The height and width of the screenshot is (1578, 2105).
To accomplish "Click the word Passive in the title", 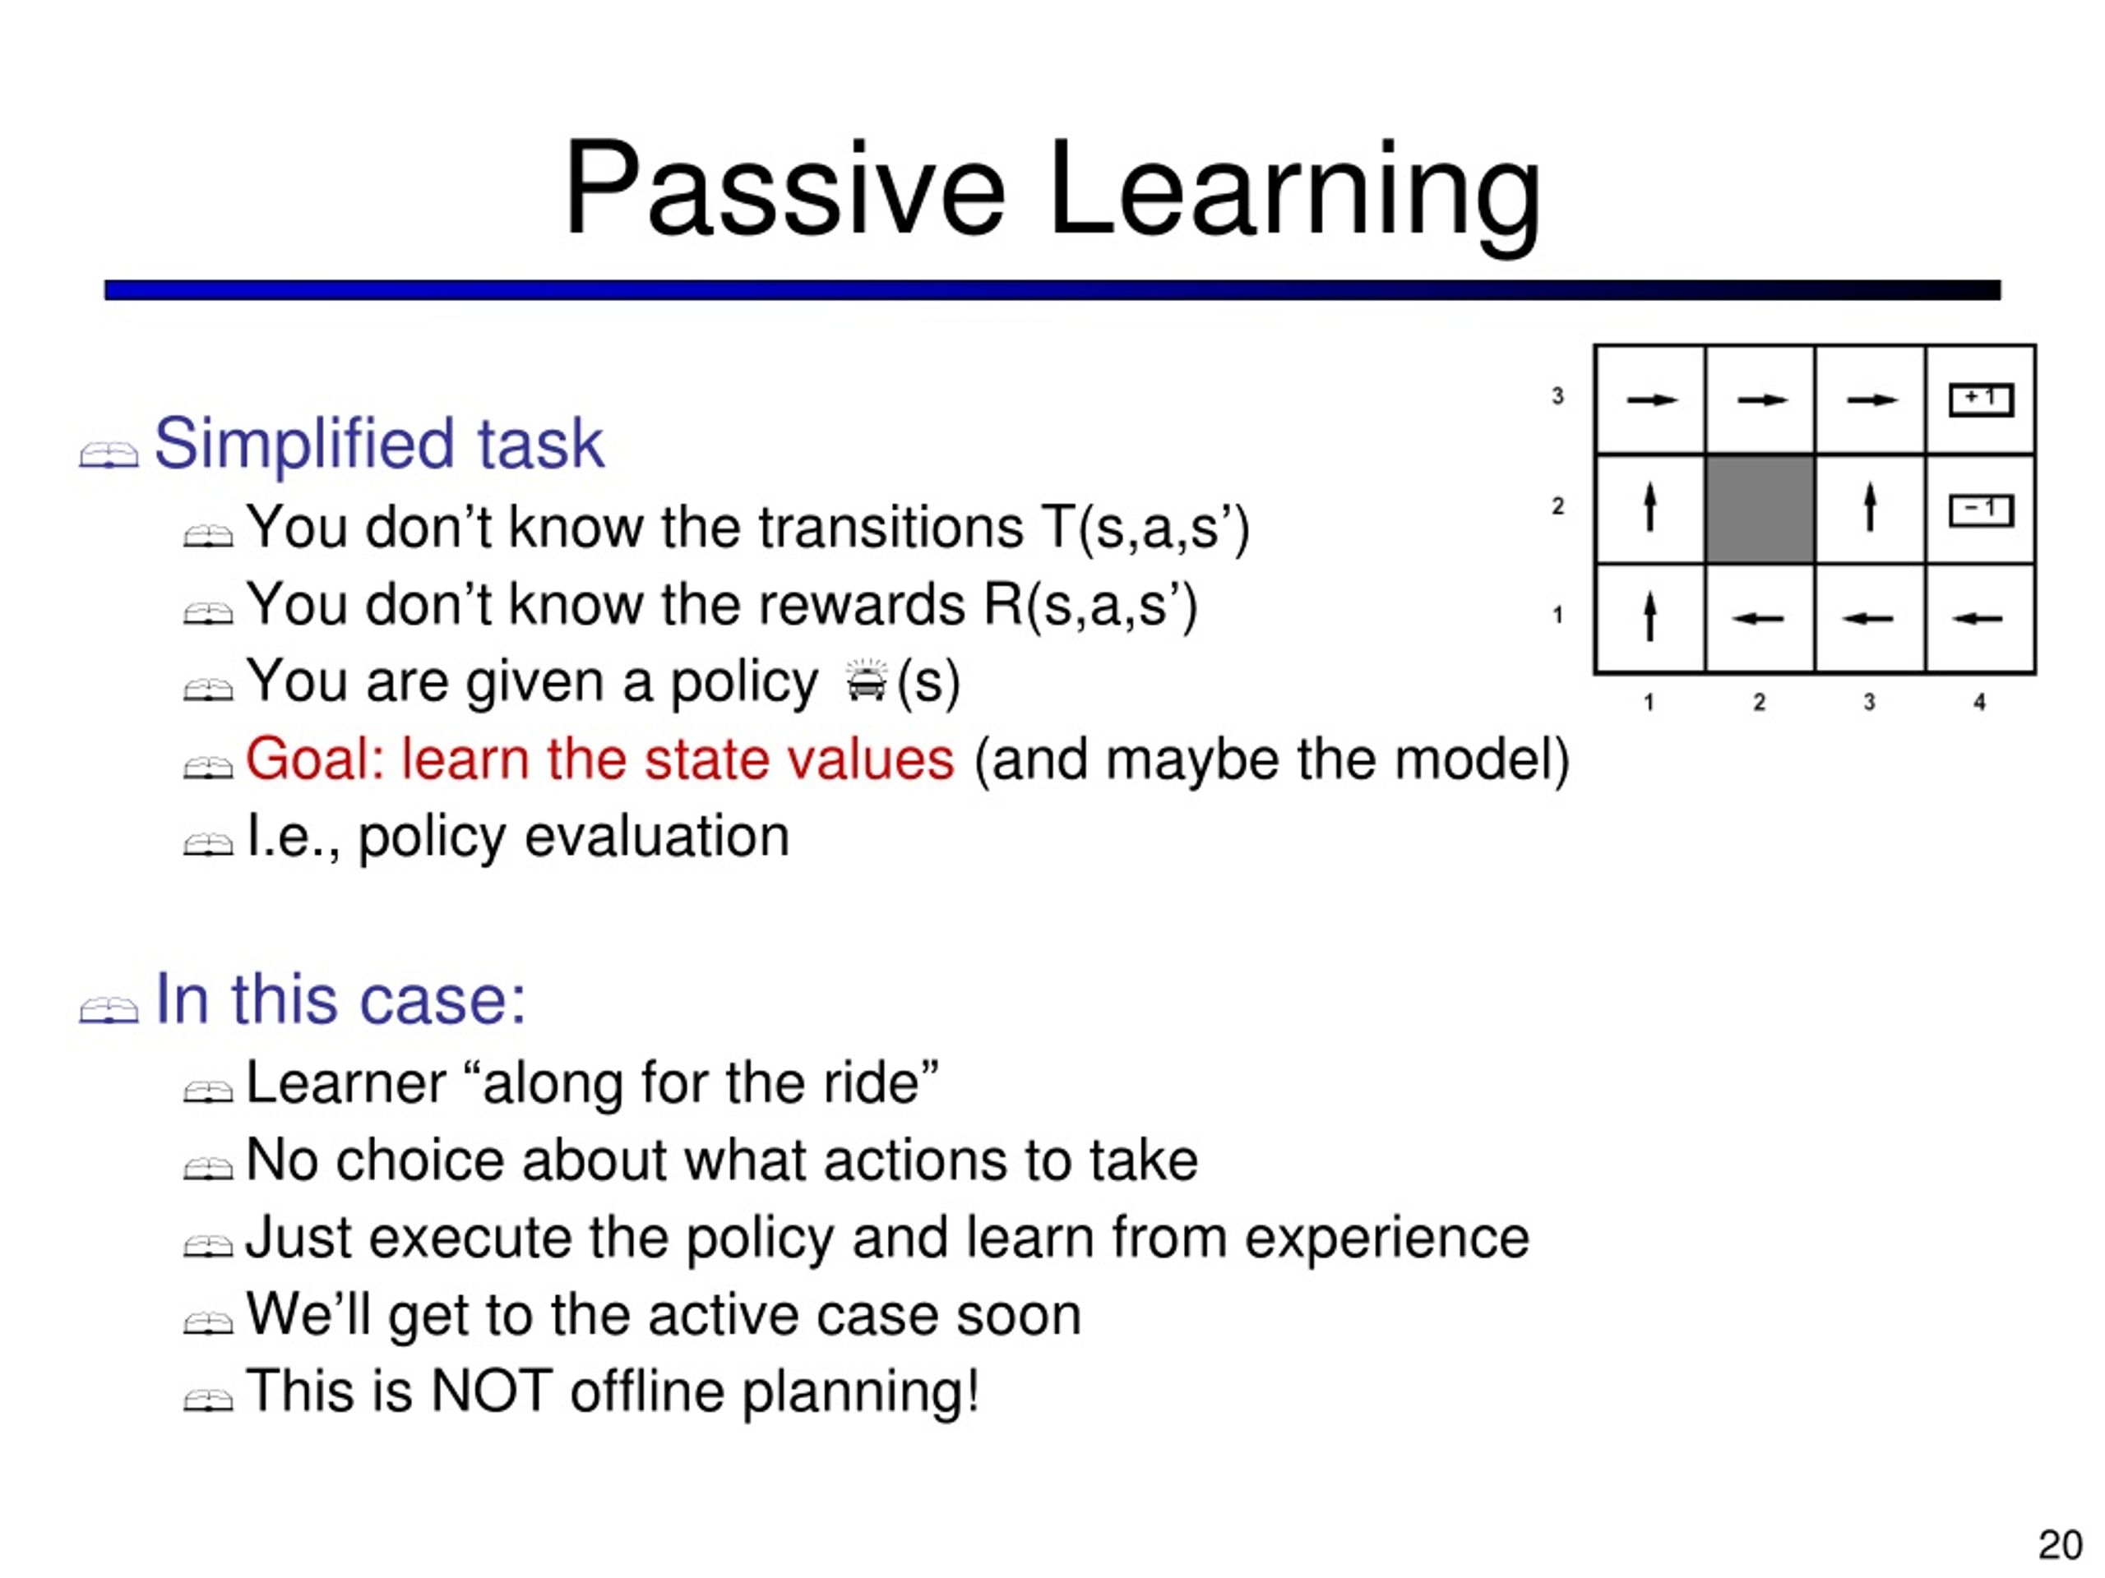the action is tap(784, 187).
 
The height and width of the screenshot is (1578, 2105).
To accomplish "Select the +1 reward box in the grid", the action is tap(1982, 399).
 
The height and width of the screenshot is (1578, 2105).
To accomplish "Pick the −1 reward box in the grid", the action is tap(1982, 510).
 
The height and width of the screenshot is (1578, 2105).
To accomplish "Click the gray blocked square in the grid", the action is tap(1760, 510).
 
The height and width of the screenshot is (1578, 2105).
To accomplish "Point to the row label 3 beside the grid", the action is tap(1558, 395).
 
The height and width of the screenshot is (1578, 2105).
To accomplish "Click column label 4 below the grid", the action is tap(1979, 702).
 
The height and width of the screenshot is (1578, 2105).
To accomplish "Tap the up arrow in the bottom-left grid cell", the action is tap(1650, 617).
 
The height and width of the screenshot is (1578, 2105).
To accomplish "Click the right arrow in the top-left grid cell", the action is tap(1652, 400).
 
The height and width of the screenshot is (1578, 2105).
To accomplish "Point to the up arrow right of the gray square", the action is tap(1870, 507).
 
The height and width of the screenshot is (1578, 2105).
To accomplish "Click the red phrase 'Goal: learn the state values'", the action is tap(599, 759).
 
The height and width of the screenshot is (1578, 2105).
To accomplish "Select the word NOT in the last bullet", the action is tap(491, 1391).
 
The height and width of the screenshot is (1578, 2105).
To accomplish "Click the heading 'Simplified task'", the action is tap(379, 443).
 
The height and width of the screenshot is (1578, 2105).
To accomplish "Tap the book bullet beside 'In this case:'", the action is tap(109, 1009).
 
